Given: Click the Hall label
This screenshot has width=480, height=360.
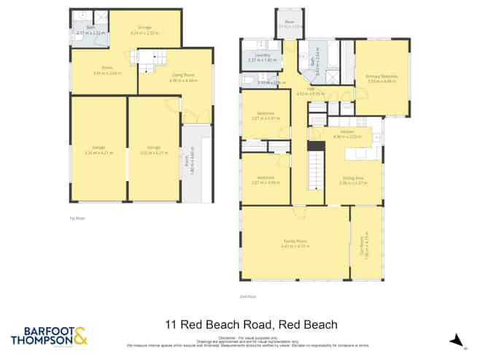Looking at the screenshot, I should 299,90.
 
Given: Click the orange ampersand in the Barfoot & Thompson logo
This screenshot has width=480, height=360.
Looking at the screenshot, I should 81,335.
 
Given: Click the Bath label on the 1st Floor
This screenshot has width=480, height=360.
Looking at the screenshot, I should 90,26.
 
